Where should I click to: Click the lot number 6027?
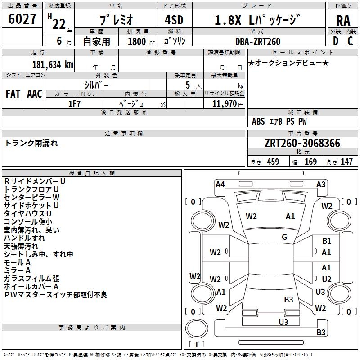coord(22,19)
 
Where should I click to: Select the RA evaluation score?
coord(343,21)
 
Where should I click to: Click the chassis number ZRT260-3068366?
coord(302,144)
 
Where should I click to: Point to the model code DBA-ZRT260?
coord(258,41)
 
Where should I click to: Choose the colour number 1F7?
coord(74,103)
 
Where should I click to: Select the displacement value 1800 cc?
coord(137,41)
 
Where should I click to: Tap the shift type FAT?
coord(13,94)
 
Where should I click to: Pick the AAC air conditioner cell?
coord(35,94)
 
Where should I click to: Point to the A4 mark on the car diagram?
coord(220,184)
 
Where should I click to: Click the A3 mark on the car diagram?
coord(321,184)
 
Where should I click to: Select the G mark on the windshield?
coord(284,237)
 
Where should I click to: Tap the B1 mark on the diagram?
coord(327,242)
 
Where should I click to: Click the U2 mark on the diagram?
coord(327,279)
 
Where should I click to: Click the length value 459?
coord(273,162)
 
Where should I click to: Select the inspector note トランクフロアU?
coord(31,189)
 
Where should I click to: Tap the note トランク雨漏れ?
coord(31,144)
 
